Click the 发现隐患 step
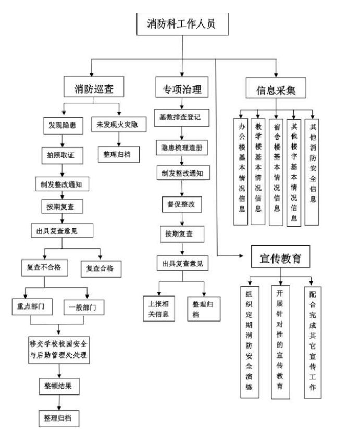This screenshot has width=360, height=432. click(x=63, y=125)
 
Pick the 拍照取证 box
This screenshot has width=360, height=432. click(x=63, y=154)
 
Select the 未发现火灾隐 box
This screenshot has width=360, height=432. click(x=118, y=125)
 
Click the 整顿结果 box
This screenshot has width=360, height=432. click(x=59, y=386)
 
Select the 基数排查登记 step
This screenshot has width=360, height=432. click(x=181, y=117)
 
